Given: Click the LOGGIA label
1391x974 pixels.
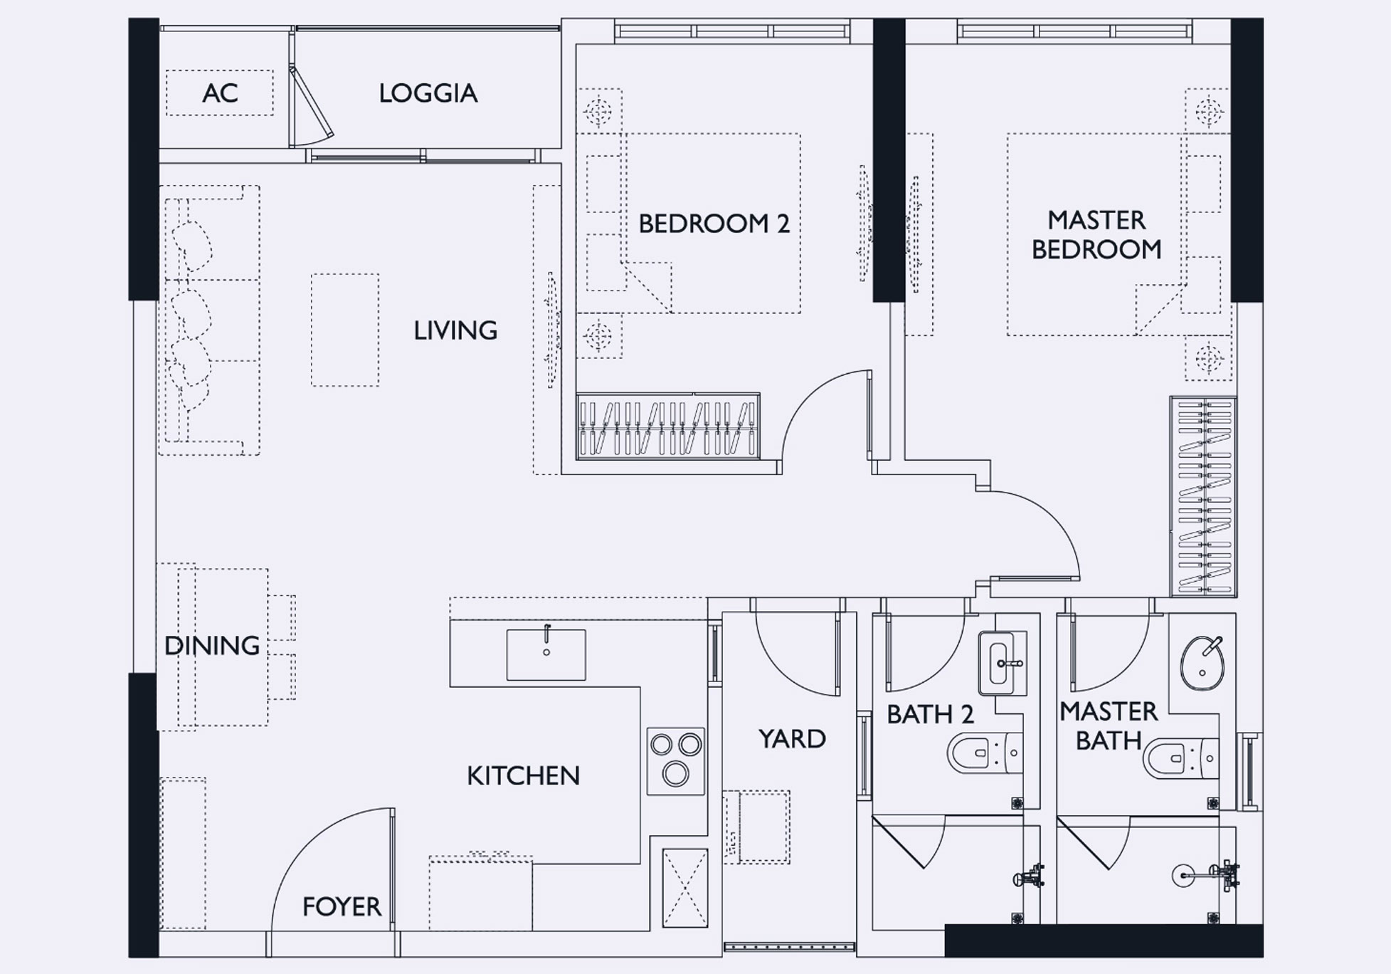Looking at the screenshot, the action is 428,93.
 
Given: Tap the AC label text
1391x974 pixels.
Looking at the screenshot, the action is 220,93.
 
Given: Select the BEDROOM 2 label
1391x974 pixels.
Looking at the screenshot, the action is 714,224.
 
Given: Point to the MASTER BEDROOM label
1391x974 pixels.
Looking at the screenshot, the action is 1096,234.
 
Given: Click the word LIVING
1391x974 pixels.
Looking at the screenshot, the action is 455,330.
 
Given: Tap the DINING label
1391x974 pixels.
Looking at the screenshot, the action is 212,646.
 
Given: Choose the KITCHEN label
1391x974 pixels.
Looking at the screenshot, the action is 523,775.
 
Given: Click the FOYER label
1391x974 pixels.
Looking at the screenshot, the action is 342,906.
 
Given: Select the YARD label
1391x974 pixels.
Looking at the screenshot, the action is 792,738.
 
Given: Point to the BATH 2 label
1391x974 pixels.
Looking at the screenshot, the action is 929,714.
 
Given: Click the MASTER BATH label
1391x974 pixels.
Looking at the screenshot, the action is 1109,726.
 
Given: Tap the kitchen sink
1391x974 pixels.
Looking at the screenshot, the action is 546,654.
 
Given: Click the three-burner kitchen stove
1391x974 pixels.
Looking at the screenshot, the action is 675,760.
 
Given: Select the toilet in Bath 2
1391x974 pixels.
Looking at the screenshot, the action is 985,753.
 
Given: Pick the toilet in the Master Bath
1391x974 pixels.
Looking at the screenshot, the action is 1180,758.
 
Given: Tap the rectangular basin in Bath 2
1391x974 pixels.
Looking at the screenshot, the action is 1003,663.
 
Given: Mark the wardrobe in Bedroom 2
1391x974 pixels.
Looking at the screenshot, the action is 667,426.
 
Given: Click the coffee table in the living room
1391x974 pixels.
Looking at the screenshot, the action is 345,330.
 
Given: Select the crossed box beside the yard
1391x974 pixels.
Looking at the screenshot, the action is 685,888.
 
